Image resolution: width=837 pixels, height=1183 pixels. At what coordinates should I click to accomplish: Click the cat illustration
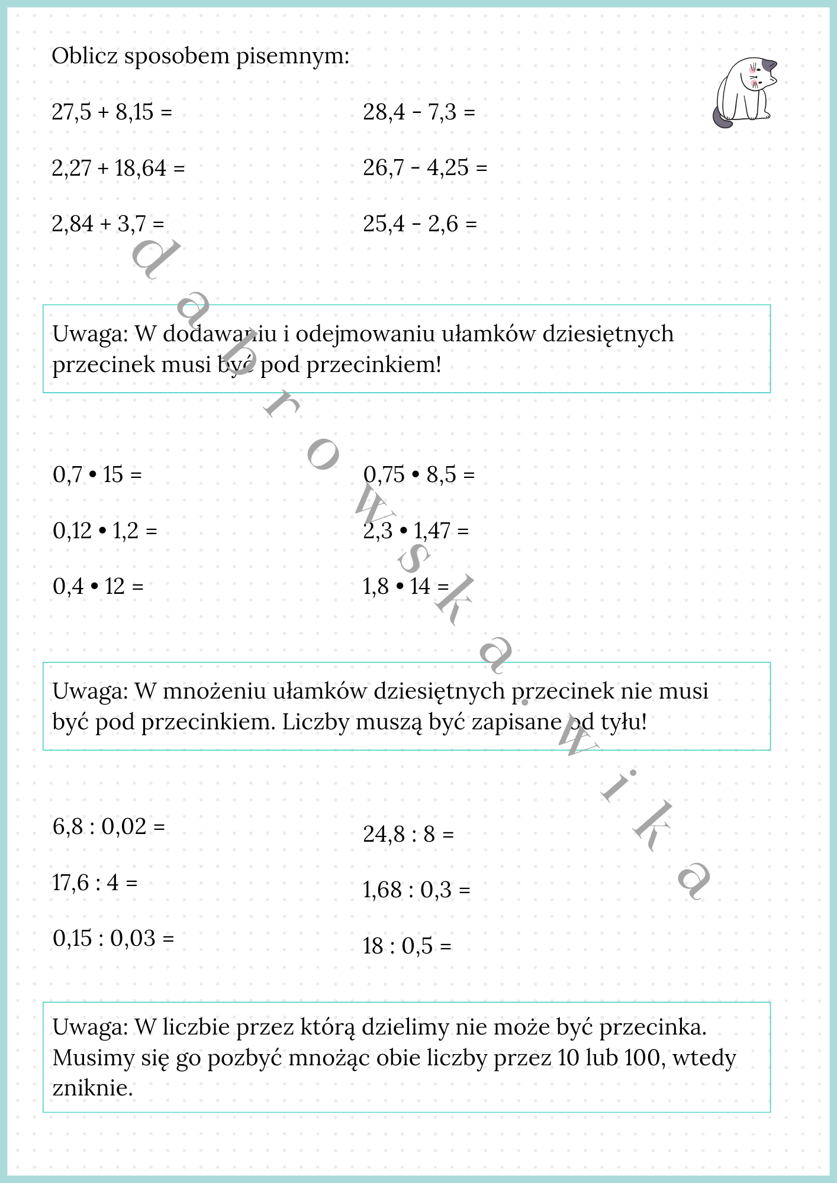click(x=745, y=92)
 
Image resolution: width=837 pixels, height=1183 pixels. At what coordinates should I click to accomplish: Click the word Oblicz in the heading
click(x=85, y=56)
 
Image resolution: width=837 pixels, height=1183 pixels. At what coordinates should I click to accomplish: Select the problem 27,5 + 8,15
click(x=111, y=112)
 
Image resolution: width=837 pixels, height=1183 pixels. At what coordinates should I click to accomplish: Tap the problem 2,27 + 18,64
click(x=118, y=168)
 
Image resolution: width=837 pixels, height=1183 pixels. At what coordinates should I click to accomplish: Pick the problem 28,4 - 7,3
click(x=418, y=112)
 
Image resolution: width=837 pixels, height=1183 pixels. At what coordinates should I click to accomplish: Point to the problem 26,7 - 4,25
click(x=425, y=168)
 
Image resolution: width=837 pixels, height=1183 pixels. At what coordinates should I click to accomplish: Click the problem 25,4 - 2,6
click(x=419, y=224)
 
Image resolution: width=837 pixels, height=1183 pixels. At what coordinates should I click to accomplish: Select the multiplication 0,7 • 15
click(x=97, y=474)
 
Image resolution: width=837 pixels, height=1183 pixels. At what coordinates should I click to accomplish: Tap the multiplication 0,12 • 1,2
click(x=105, y=531)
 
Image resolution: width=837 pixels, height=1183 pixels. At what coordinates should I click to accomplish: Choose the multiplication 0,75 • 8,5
click(x=418, y=474)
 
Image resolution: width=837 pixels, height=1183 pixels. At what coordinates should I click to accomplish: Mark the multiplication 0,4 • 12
click(x=98, y=586)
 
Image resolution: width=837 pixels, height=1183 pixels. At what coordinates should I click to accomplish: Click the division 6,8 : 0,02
click(x=108, y=826)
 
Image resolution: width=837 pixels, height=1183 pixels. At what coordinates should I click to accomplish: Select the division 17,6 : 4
click(x=95, y=883)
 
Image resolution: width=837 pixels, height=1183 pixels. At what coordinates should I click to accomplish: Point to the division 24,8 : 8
click(x=408, y=834)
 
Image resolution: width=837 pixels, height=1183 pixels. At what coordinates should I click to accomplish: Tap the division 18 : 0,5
click(x=407, y=946)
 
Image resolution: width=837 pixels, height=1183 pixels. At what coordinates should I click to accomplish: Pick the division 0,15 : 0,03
click(x=113, y=938)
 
